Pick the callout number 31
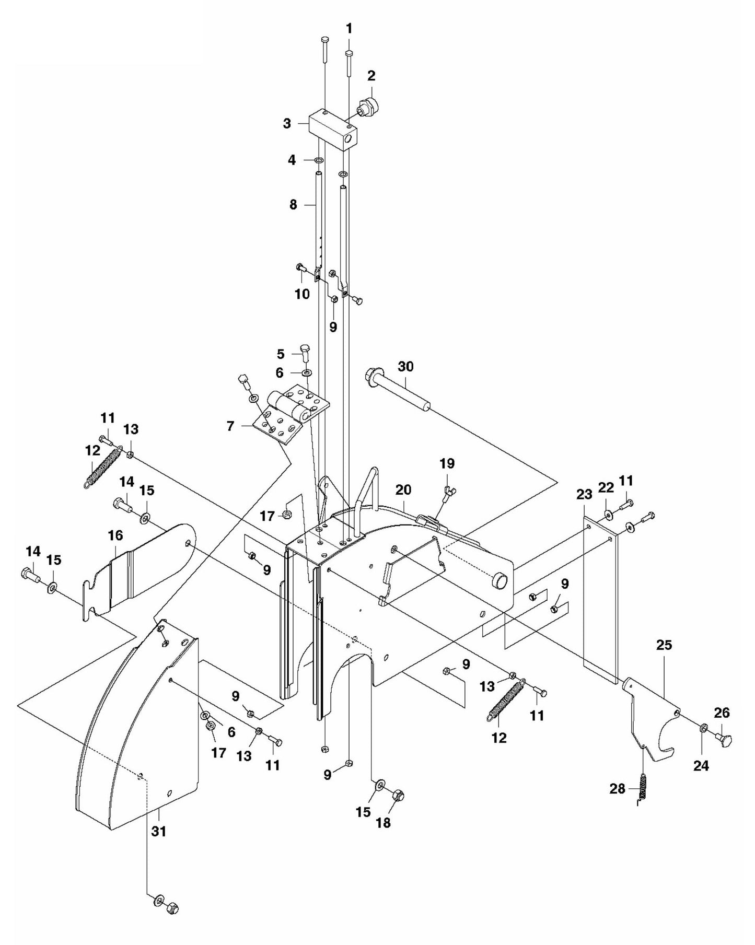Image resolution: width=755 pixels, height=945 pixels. (x=158, y=831)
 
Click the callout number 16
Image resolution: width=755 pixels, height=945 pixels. (x=115, y=535)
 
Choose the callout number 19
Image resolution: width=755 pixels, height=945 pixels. (x=447, y=463)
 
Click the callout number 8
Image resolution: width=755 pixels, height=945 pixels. (x=293, y=205)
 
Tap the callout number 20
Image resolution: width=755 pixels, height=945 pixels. (x=403, y=489)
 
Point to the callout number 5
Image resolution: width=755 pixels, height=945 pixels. (x=281, y=354)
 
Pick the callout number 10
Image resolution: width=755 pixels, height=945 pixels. (x=302, y=294)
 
